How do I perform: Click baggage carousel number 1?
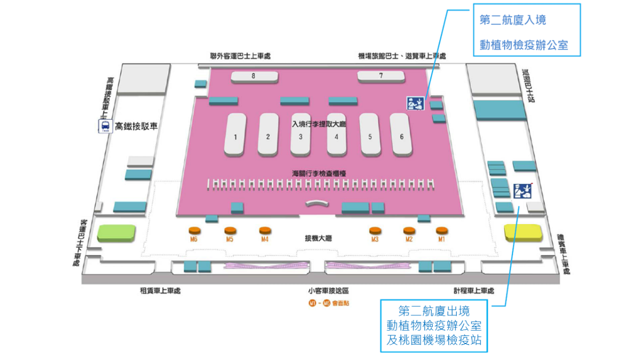pyautogui.click(x=235, y=135)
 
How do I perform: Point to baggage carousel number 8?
pyautogui.click(x=254, y=76)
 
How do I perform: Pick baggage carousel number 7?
pyautogui.click(x=381, y=76)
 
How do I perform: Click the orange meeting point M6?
pyautogui.click(x=195, y=230)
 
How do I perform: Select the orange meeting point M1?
pyautogui.click(x=441, y=230)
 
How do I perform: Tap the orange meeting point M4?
pyautogui.click(x=265, y=230)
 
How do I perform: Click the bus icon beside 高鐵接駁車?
pyautogui.click(x=105, y=126)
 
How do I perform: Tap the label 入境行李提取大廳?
pyautogui.click(x=319, y=124)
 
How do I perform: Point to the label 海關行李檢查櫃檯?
pyautogui.click(x=319, y=173)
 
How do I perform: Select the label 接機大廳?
pyautogui.click(x=318, y=238)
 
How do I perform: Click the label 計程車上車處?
pyautogui.click(x=473, y=291)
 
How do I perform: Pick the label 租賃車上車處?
pyautogui.click(x=160, y=291)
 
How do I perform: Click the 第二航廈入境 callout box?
pyautogui.click(x=526, y=30)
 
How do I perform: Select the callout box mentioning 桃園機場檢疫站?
pyautogui.click(x=434, y=325)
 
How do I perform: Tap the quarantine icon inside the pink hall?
pyautogui.click(x=415, y=103)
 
